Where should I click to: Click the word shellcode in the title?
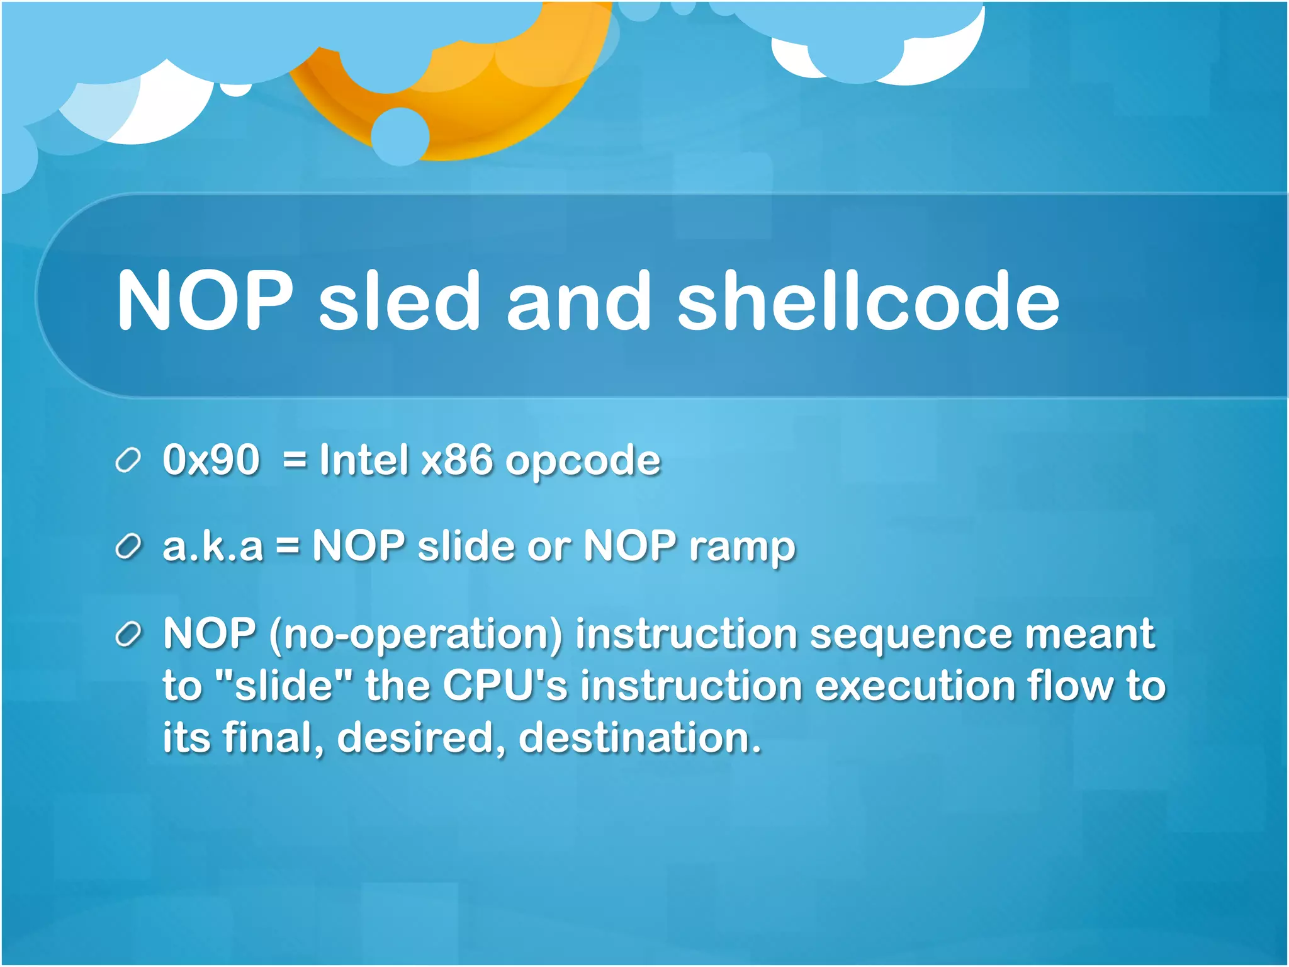[869, 300]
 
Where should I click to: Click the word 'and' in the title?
[578, 300]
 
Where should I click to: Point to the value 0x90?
[211, 460]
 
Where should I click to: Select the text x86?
[457, 460]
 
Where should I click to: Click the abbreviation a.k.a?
[213, 546]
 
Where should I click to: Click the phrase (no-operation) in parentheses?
[415, 635]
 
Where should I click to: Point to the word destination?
[639, 737]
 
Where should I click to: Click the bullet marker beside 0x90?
[128, 461]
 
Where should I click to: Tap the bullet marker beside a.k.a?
[128, 547]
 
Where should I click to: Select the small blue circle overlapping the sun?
[400, 137]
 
